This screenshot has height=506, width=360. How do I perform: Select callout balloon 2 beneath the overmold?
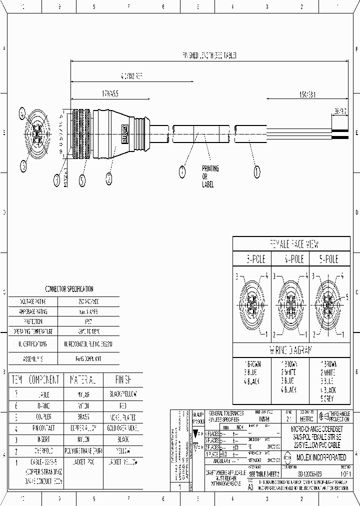(x=109, y=176)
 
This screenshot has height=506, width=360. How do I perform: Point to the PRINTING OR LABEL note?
(x=207, y=176)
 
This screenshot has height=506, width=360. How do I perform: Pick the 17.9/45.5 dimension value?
(x=109, y=93)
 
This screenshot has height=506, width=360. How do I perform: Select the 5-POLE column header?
(x=329, y=259)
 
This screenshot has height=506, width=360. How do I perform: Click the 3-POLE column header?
(x=251, y=259)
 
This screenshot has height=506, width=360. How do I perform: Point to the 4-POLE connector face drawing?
(x=290, y=305)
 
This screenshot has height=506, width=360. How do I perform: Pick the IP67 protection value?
(x=89, y=322)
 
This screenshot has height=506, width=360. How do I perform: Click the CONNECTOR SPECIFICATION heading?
(x=69, y=289)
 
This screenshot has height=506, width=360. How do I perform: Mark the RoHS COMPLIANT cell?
(x=89, y=359)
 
